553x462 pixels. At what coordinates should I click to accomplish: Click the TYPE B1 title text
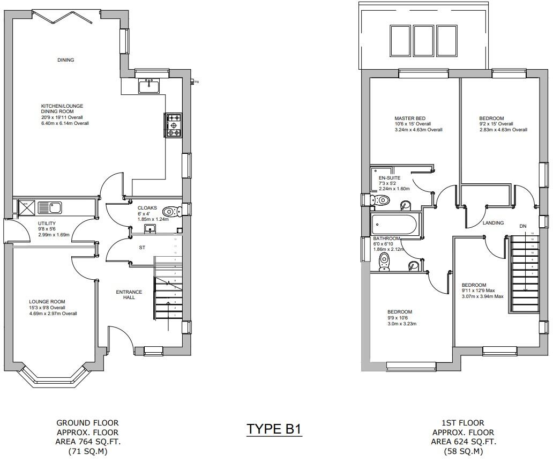click(x=274, y=429)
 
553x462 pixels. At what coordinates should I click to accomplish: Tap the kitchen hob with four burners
click(x=173, y=125)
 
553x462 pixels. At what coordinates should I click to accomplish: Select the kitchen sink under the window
click(x=148, y=86)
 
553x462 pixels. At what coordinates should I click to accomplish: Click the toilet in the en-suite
click(x=380, y=200)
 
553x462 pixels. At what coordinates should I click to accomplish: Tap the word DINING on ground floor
click(x=66, y=60)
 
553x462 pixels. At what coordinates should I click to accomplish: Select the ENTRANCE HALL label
click(x=129, y=295)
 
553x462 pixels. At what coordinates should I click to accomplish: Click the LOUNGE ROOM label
click(x=47, y=302)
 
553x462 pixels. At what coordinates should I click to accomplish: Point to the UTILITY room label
click(x=47, y=223)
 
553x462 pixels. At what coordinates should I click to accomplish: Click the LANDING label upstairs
click(x=493, y=223)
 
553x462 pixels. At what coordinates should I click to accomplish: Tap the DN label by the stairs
click(x=522, y=227)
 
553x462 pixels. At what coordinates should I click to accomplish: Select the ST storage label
click(x=142, y=248)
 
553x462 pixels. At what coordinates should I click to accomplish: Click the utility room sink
click(x=54, y=207)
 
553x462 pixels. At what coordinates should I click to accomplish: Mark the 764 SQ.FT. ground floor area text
click(x=88, y=442)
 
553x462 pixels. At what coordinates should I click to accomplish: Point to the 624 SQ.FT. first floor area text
click(x=463, y=442)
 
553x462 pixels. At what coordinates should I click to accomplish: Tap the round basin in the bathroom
click(x=412, y=265)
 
